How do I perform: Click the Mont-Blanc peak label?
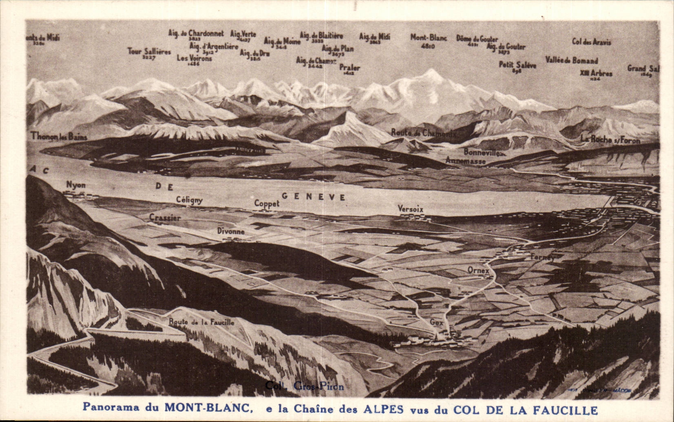pos(428,38)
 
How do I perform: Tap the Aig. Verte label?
pos(243,34)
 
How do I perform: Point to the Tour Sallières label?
pos(149,52)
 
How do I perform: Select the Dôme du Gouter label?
pos(477,39)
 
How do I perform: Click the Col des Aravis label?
pos(592,42)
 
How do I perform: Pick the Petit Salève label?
pos(517,65)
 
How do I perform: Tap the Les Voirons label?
pos(194,58)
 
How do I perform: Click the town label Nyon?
pos(76,185)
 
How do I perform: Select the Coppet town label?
pos(267,203)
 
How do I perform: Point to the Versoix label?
pos(410,209)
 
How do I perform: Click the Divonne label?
pos(231,231)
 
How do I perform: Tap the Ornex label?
pos(478,270)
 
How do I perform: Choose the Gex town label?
pos(436,322)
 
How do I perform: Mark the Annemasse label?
pos(465,161)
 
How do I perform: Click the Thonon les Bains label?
pos(59,137)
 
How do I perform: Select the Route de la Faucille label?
pos(201,322)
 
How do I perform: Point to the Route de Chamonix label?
pos(423,133)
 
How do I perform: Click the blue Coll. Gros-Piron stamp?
pos(304,386)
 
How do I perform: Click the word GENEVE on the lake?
pos(314,197)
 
